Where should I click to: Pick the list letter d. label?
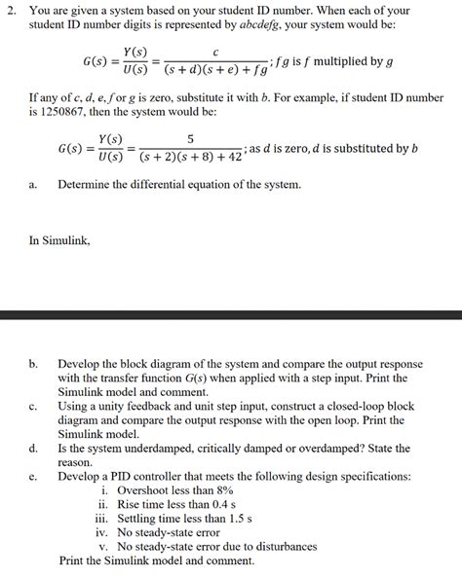(34, 448)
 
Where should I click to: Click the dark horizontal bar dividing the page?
(231, 316)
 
